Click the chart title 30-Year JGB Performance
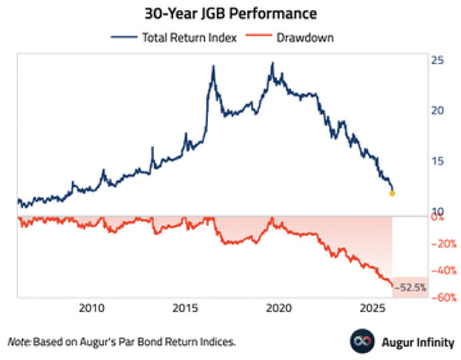(x=230, y=14)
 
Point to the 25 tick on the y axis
(x=437, y=62)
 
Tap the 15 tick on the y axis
(x=437, y=162)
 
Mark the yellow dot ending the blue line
(x=392, y=193)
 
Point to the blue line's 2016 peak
(x=214, y=66)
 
